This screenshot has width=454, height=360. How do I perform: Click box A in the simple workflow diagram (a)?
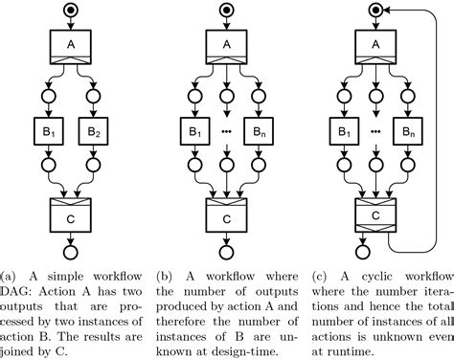pos(70,45)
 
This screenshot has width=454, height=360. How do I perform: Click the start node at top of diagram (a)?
pos(70,10)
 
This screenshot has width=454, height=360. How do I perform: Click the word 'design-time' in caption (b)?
pos(248,350)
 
